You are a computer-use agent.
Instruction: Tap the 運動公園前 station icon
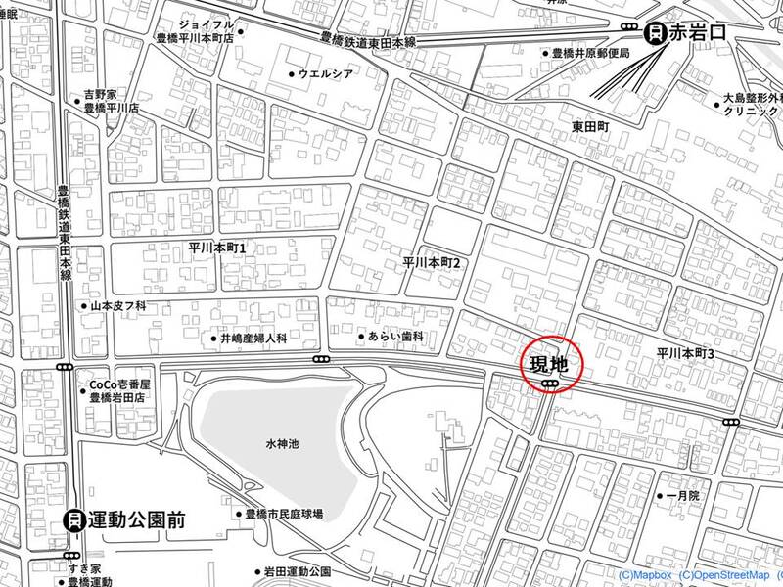click(72, 520)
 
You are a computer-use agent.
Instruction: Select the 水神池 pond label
click(282, 444)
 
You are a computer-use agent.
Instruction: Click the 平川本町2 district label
click(432, 263)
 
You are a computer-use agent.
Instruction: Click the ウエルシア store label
click(326, 74)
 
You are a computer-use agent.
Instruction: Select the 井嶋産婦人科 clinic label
click(253, 339)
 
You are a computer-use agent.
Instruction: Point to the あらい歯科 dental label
click(395, 337)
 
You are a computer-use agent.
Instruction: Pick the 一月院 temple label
click(682, 497)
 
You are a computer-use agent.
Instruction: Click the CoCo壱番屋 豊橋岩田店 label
click(116, 391)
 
